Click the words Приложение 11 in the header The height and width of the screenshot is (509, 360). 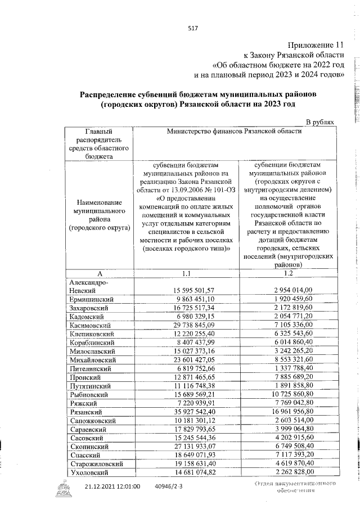coord(316,45)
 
